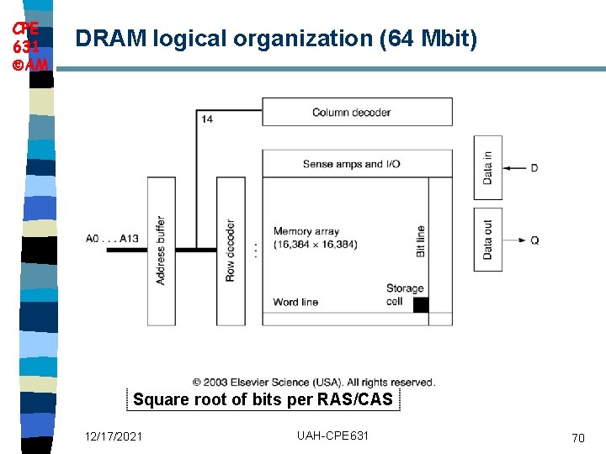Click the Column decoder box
click(x=357, y=112)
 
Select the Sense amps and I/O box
click(x=357, y=164)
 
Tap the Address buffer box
click(x=162, y=251)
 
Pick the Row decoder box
click(x=231, y=251)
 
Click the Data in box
click(x=488, y=167)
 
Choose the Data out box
click(x=488, y=240)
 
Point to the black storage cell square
click(x=421, y=304)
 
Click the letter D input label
click(x=534, y=168)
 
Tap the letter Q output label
click(x=534, y=240)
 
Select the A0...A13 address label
click(x=112, y=239)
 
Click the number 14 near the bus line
click(x=207, y=119)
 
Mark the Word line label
click(x=295, y=302)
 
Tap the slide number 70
click(x=577, y=438)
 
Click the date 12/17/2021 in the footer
click(x=114, y=436)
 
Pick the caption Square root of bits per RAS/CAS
click(x=263, y=399)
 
